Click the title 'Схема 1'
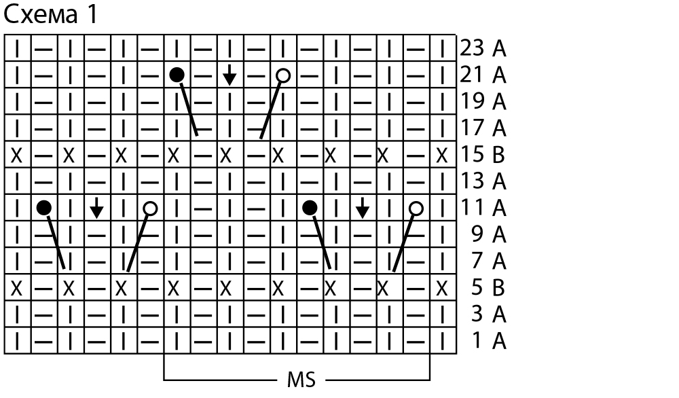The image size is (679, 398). click(x=51, y=15)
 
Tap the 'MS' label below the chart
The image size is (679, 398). click(x=296, y=378)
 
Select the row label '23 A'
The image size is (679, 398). click(x=483, y=48)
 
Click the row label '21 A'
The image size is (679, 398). click(x=483, y=75)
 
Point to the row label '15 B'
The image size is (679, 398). click(x=483, y=155)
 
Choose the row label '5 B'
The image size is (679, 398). click(x=488, y=288)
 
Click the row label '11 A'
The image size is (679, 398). click(x=483, y=208)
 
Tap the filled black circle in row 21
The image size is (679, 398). click(x=177, y=75)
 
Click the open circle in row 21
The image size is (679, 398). click(x=283, y=75)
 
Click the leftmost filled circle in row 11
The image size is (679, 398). click(x=44, y=208)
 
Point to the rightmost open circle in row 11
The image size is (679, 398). click(x=416, y=208)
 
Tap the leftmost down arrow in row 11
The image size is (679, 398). click(x=97, y=208)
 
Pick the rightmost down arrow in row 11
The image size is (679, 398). click(x=363, y=208)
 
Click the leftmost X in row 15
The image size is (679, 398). click(x=17, y=155)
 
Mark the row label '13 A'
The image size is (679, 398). click(x=483, y=181)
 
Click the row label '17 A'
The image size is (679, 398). click(x=483, y=128)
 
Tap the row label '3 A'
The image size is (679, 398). click(x=488, y=314)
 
